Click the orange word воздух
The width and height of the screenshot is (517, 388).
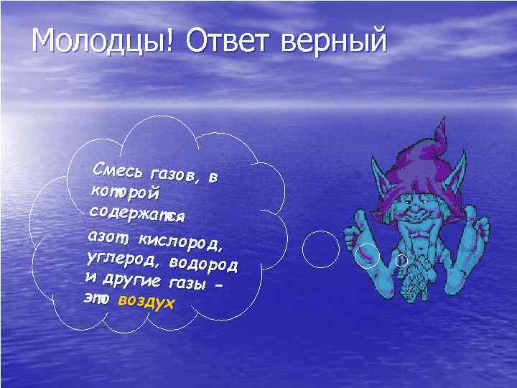pyautogui.click(x=146, y=302)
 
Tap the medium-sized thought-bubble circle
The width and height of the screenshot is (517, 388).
pyautogui.click(x=368, y=253)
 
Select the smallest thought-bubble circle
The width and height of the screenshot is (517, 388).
pyautogui.click(x=402, y=259)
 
